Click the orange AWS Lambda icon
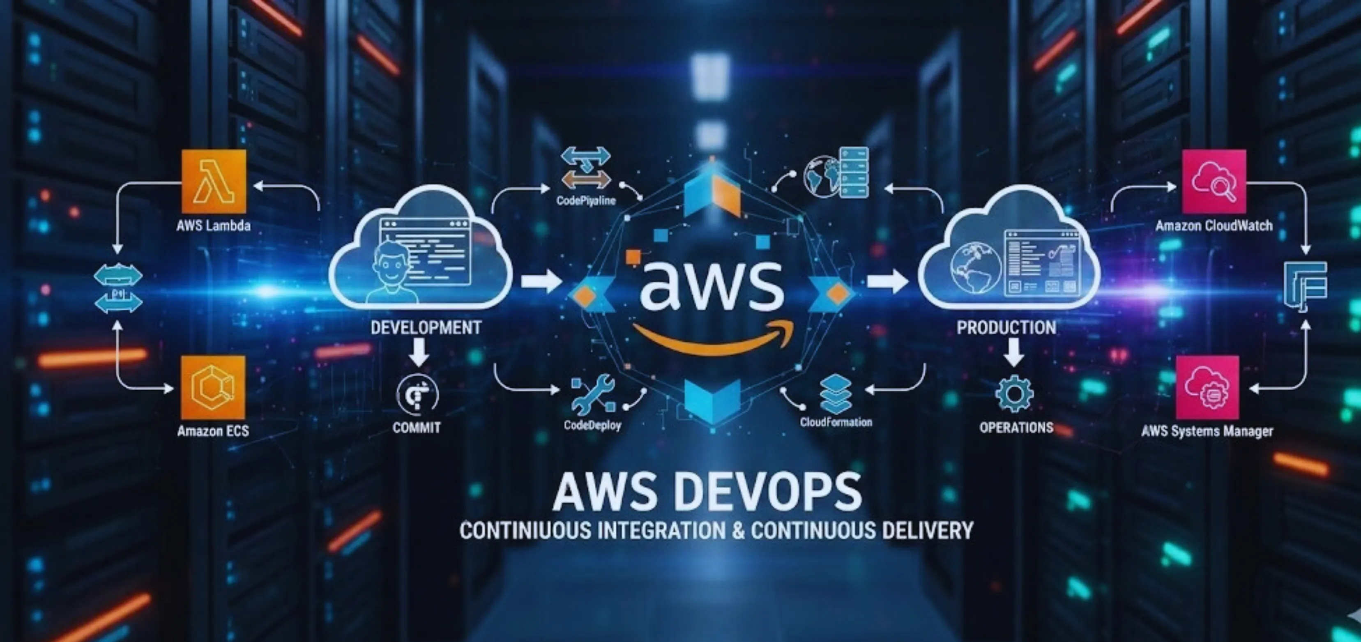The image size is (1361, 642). (214, 181)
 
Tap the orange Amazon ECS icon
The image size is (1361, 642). (213, 387)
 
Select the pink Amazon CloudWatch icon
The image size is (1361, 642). (1214, 181)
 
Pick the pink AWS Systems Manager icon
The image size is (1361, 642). (1207, 387)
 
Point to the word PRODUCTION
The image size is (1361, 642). (1006, 328)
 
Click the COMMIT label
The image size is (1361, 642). (416, 428)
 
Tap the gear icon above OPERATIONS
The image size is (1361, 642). (1014, 393)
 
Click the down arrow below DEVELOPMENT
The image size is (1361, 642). (419, 352)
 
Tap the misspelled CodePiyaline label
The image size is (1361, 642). (586, 201)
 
